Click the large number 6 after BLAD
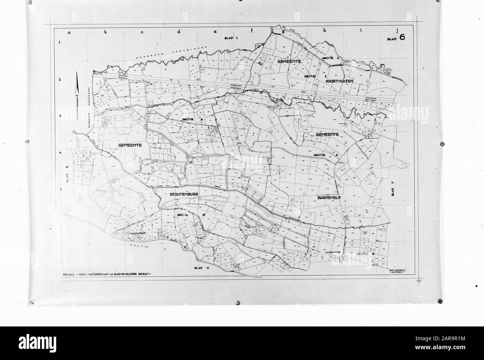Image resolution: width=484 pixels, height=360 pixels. pyautogui.click(x=402, y=37)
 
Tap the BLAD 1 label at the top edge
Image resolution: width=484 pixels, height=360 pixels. pyautogui.click(x=230, y=38)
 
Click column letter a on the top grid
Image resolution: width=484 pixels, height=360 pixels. pyautogui.click(x=69, y=32)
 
